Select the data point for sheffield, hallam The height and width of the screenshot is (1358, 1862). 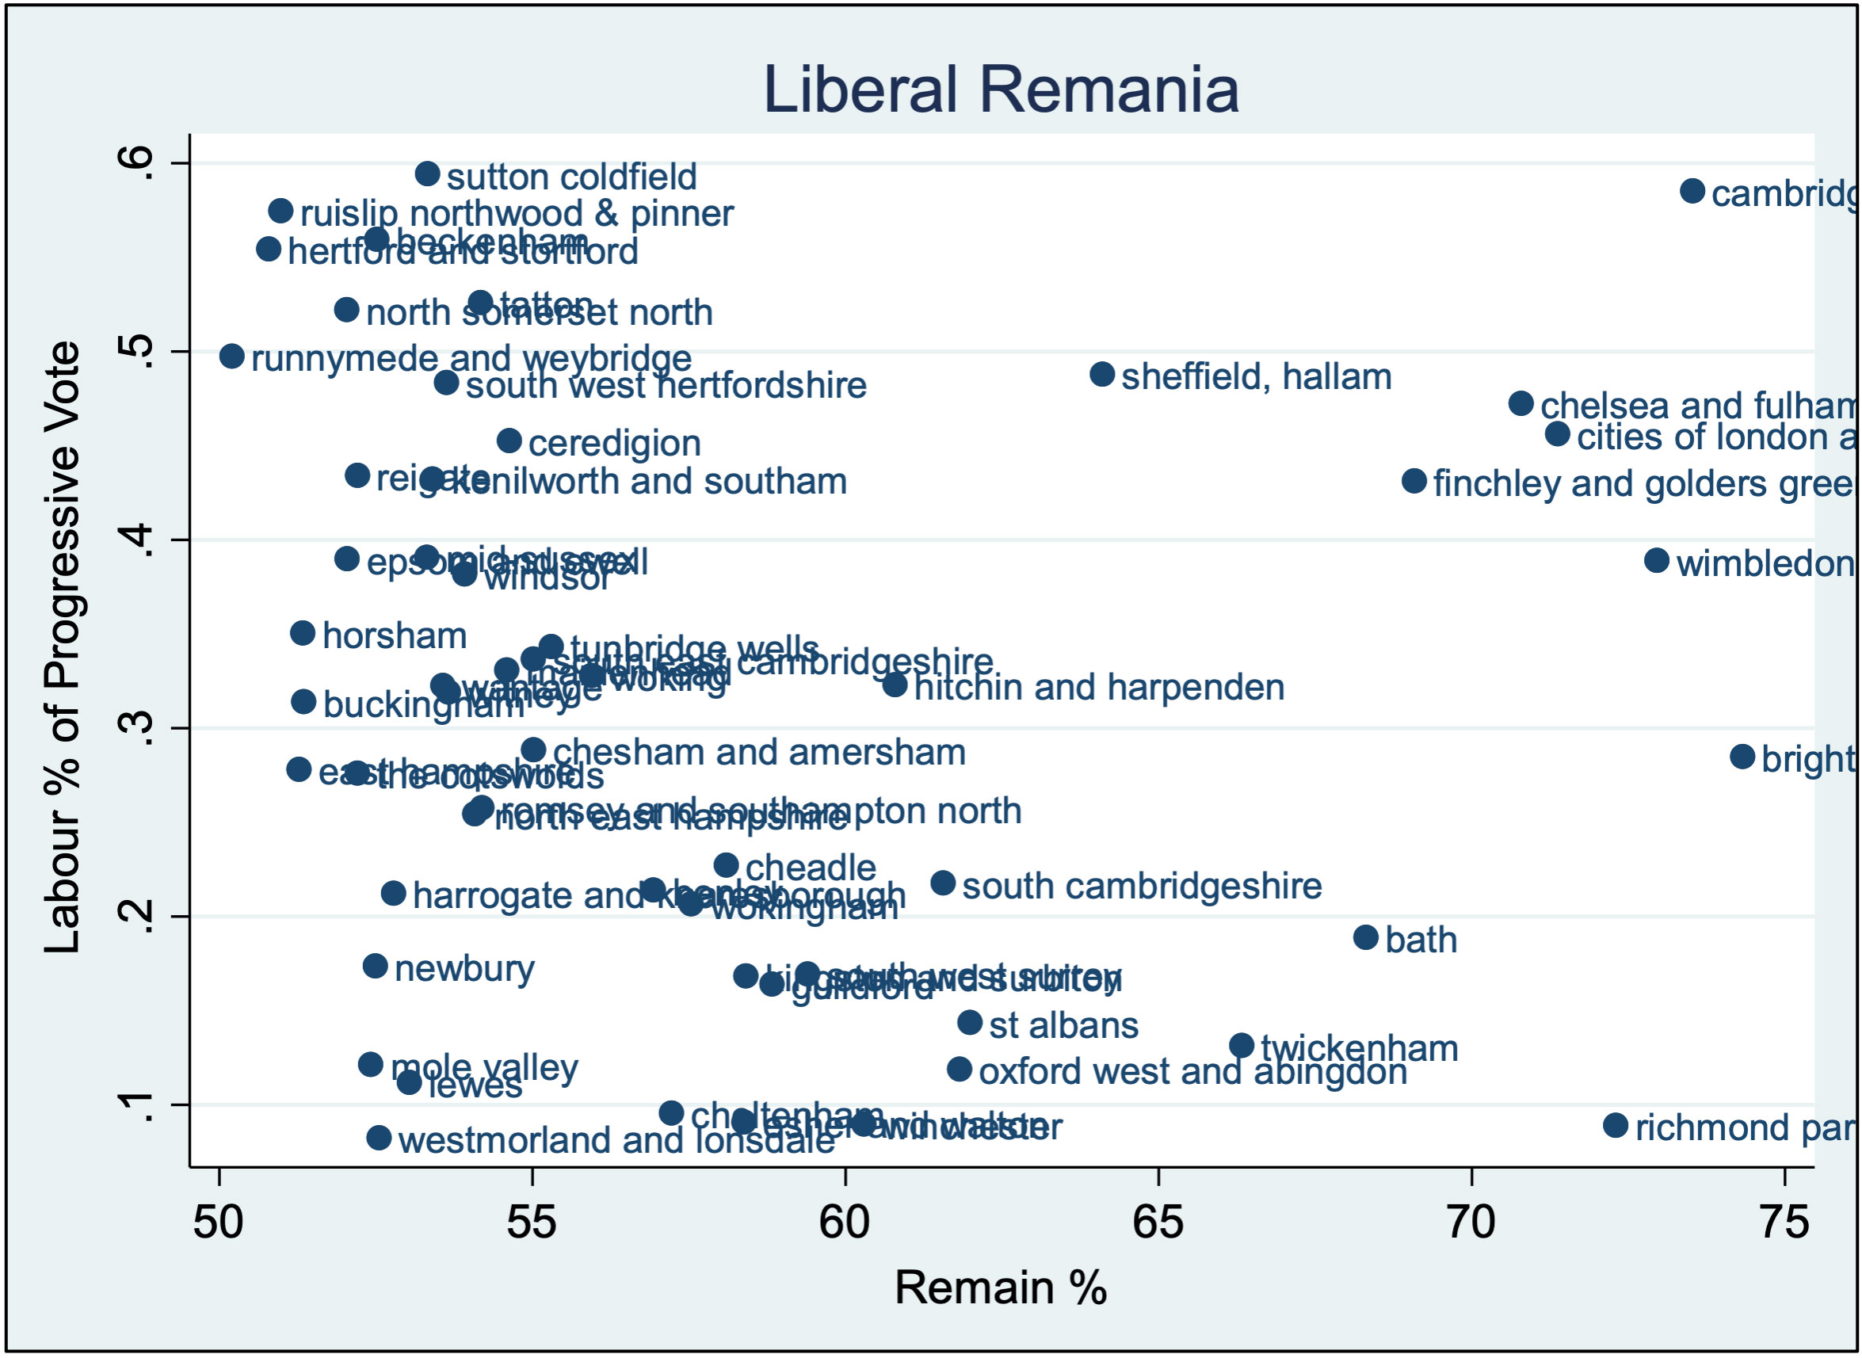click(1101, 374)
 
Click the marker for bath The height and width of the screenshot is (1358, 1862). click(1365, 937)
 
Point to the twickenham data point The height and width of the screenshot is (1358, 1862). click(1242, 1046)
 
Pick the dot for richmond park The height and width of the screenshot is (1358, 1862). click(1616, 1125)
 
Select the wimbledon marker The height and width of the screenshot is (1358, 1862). click(1657, 561)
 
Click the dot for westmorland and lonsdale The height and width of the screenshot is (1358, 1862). click(378, 1138)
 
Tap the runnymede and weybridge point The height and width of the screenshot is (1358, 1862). click(232, 356)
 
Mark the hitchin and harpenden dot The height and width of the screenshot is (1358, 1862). click(895, 684)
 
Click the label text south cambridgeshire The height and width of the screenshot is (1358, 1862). click(1141, 886)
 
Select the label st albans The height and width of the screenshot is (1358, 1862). click(1063, 1025)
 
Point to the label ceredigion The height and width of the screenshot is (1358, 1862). click(614, 443)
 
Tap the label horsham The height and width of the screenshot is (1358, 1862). click(395, 635)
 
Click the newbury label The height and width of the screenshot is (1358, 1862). click(464, 968)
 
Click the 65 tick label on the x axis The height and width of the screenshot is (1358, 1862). click(1158, 1223)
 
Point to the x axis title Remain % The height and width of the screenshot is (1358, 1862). click(1000, 1287)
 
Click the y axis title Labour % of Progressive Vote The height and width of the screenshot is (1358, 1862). click(63, 647)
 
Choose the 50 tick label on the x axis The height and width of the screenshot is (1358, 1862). click(218, 1223)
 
